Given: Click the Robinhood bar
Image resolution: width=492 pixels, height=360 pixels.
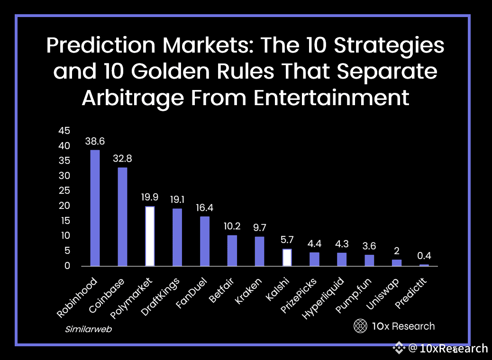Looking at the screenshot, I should point(95,208).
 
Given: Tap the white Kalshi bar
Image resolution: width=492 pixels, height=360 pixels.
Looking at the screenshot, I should point(287,257).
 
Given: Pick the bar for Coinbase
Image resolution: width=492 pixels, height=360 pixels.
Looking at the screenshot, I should point(122,216).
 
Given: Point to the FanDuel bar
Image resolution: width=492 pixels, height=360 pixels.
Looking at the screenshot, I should point(205,241).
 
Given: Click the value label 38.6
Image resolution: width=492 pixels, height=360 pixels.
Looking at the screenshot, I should point(95,141).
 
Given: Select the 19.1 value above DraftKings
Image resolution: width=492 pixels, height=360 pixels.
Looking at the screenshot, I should point(177,199).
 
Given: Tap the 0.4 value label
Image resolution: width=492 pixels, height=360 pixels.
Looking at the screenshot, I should point(424,256).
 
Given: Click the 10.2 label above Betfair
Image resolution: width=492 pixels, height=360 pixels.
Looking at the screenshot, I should point(232,226).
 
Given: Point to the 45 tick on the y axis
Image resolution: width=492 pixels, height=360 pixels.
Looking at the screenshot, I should point(64,131).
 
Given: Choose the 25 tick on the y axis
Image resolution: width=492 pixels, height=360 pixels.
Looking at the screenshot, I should point(64,191).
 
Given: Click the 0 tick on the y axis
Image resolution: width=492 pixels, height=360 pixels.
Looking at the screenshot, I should point(67,266).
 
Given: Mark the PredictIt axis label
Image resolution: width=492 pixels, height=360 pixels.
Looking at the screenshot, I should point(411,294).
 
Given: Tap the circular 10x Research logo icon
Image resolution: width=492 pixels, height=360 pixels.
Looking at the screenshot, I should point(361,326).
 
